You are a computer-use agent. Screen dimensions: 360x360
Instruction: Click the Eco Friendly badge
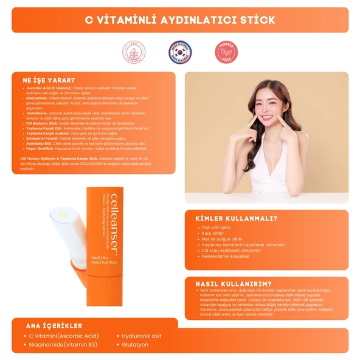pyautogui.click(x=134, y=52)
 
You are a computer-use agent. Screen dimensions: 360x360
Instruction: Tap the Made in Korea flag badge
pyautogui.click(x=179, y=52)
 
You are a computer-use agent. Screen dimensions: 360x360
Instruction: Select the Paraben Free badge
pyautogui.click(x=226, y=52)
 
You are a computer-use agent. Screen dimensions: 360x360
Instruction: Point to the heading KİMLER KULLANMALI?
pyautogui.click(x=236, y=219)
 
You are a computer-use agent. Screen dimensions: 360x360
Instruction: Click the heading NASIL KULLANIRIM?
pyautogui.click(x=233, y=283)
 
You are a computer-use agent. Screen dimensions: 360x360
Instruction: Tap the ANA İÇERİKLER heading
pyautogui.click(x=54, y=325)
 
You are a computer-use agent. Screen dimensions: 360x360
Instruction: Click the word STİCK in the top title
pyautogui.click(x=253, y=19)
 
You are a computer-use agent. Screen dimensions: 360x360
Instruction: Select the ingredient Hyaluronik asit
pyautogui.click(x=142, y=336)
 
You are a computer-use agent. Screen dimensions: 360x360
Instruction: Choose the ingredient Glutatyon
pyautogui.click(x=135, y=344)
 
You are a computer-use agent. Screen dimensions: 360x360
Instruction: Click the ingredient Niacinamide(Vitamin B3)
pyautogui.click(x=63, y=344)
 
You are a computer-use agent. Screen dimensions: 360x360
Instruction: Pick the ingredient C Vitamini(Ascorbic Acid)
pyautogui.click(x=63, y=336)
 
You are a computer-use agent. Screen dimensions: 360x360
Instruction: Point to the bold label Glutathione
pyautogui.click(x=38, y=112)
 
